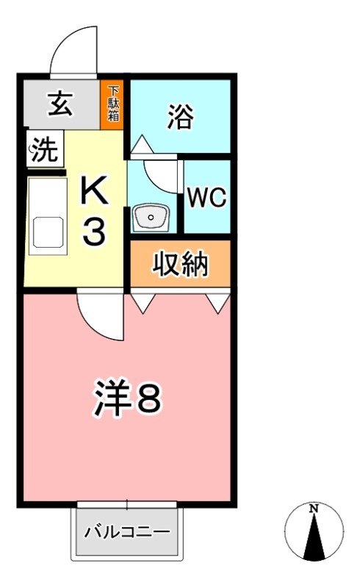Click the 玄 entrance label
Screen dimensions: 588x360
click(x=60, y=104)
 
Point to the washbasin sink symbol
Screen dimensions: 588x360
click(x=151, y=218)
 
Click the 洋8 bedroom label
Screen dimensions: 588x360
click(x=126, y=399)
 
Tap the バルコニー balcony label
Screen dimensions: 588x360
click(x=127, y=531)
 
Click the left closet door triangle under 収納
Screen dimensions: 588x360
click(x=143, y=301)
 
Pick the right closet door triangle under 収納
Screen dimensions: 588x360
click(x=218, y=301)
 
